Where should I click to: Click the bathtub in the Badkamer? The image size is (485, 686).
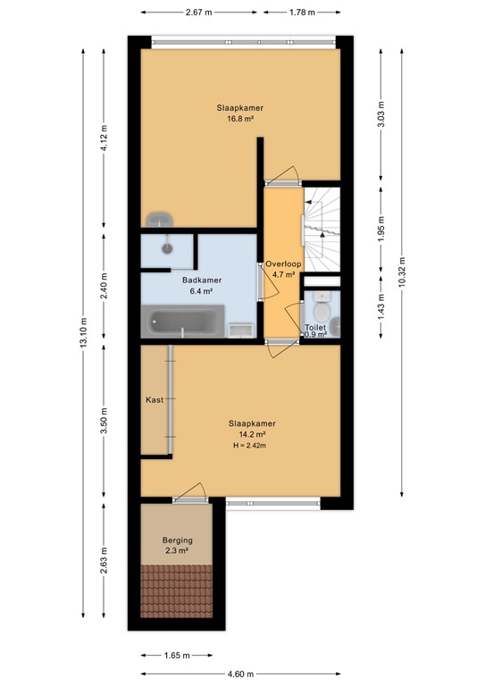pyautogui.click(x=182, y=322)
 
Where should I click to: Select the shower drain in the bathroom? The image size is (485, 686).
pyautogui.click(x=167, y=248)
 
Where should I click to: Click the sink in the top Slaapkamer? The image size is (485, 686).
pyautogui.click(x=159, y=220)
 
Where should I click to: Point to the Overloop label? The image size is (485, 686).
pyautogui.click(x=283, y=264)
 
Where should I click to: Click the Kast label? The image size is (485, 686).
pyautogui.click(x=155, y=399)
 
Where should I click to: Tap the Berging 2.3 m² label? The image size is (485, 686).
pyautogui.click(x=177, y=545)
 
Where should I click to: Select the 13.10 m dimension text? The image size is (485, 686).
pyautogui.click(x=84, y=332)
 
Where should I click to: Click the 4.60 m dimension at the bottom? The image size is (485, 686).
pyautogui.click(x=240, y=673)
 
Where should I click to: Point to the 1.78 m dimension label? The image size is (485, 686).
pyautogui.click(x=302, y=13)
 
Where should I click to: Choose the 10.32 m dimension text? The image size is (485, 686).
pyautogui.click(x=402, y=272)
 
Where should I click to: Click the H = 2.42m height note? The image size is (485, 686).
pyautogui.click(x=250, y=446)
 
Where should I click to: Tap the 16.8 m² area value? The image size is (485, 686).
pyautogui.click(x=240, y=118)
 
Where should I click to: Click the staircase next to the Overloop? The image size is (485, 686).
pyautogui.click(x=322, y=229)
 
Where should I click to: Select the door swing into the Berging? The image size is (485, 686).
pyautogui.click(x=190, y=492)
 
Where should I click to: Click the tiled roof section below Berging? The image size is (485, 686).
pyautogui.click(x=176, y=591)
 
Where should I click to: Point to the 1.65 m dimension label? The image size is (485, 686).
pyautogui.click(x=177, y=655)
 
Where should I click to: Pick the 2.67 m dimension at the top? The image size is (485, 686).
pyautogui.click(x=198, y=13)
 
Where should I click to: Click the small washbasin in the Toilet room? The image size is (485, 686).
pyautogui.click(x=335, y=325)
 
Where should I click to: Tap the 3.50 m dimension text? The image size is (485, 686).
pyautogui.click(x=104, y=421)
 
